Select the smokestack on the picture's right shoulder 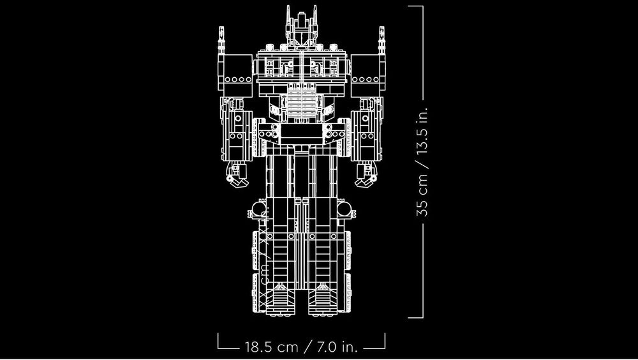381,40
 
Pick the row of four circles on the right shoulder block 366,80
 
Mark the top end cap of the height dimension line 416,6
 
